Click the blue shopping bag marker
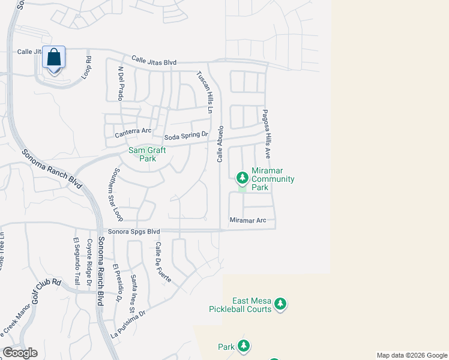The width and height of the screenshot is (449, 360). coord(54,59)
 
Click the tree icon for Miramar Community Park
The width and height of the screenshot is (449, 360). coord(242,178)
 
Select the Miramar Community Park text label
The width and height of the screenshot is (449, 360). coord(273,183)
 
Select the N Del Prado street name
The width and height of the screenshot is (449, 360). coord(121,83)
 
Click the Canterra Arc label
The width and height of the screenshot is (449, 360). coord(133,130)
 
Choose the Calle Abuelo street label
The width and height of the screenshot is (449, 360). coord(220,144)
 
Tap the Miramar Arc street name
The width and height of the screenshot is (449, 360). coord(247,221)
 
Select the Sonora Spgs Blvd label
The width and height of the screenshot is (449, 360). coord(134,232)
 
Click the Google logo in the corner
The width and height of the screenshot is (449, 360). coord(19,353)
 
